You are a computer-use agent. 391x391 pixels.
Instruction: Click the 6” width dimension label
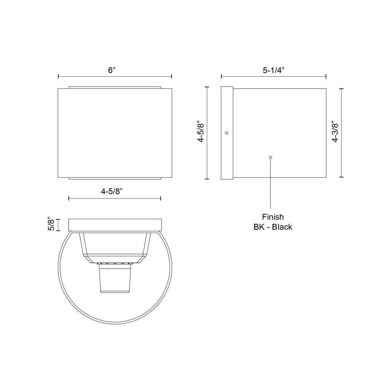(x=112, y=70)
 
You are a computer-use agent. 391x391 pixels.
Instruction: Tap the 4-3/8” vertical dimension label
(x=335, y=132)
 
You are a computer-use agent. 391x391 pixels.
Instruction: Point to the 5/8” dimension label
(x=51, y=224)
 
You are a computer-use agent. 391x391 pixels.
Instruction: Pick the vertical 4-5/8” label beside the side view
(x=201, y=132)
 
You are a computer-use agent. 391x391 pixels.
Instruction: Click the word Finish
(x=273, y=217)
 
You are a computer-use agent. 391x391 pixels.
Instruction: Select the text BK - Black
(x=273, y=227)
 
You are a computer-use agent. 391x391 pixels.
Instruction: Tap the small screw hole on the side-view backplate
(x=227, y=133)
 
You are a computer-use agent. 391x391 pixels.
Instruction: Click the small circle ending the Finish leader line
(x=270, y=157)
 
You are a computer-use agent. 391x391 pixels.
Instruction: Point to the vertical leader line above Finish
(x=270, y=186)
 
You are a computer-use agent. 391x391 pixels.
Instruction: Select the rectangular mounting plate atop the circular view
(x=115, y=225)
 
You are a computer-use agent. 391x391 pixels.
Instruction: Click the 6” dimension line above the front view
(x=115, y=77)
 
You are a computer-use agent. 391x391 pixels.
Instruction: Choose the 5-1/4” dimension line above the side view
(x=274, y=77)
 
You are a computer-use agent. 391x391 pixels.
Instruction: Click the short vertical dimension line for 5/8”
(x=58, y=225)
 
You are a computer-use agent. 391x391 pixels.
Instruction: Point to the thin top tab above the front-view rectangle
(x=115, y=87)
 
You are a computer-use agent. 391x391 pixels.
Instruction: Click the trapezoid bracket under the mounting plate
(x=115, y=244)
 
